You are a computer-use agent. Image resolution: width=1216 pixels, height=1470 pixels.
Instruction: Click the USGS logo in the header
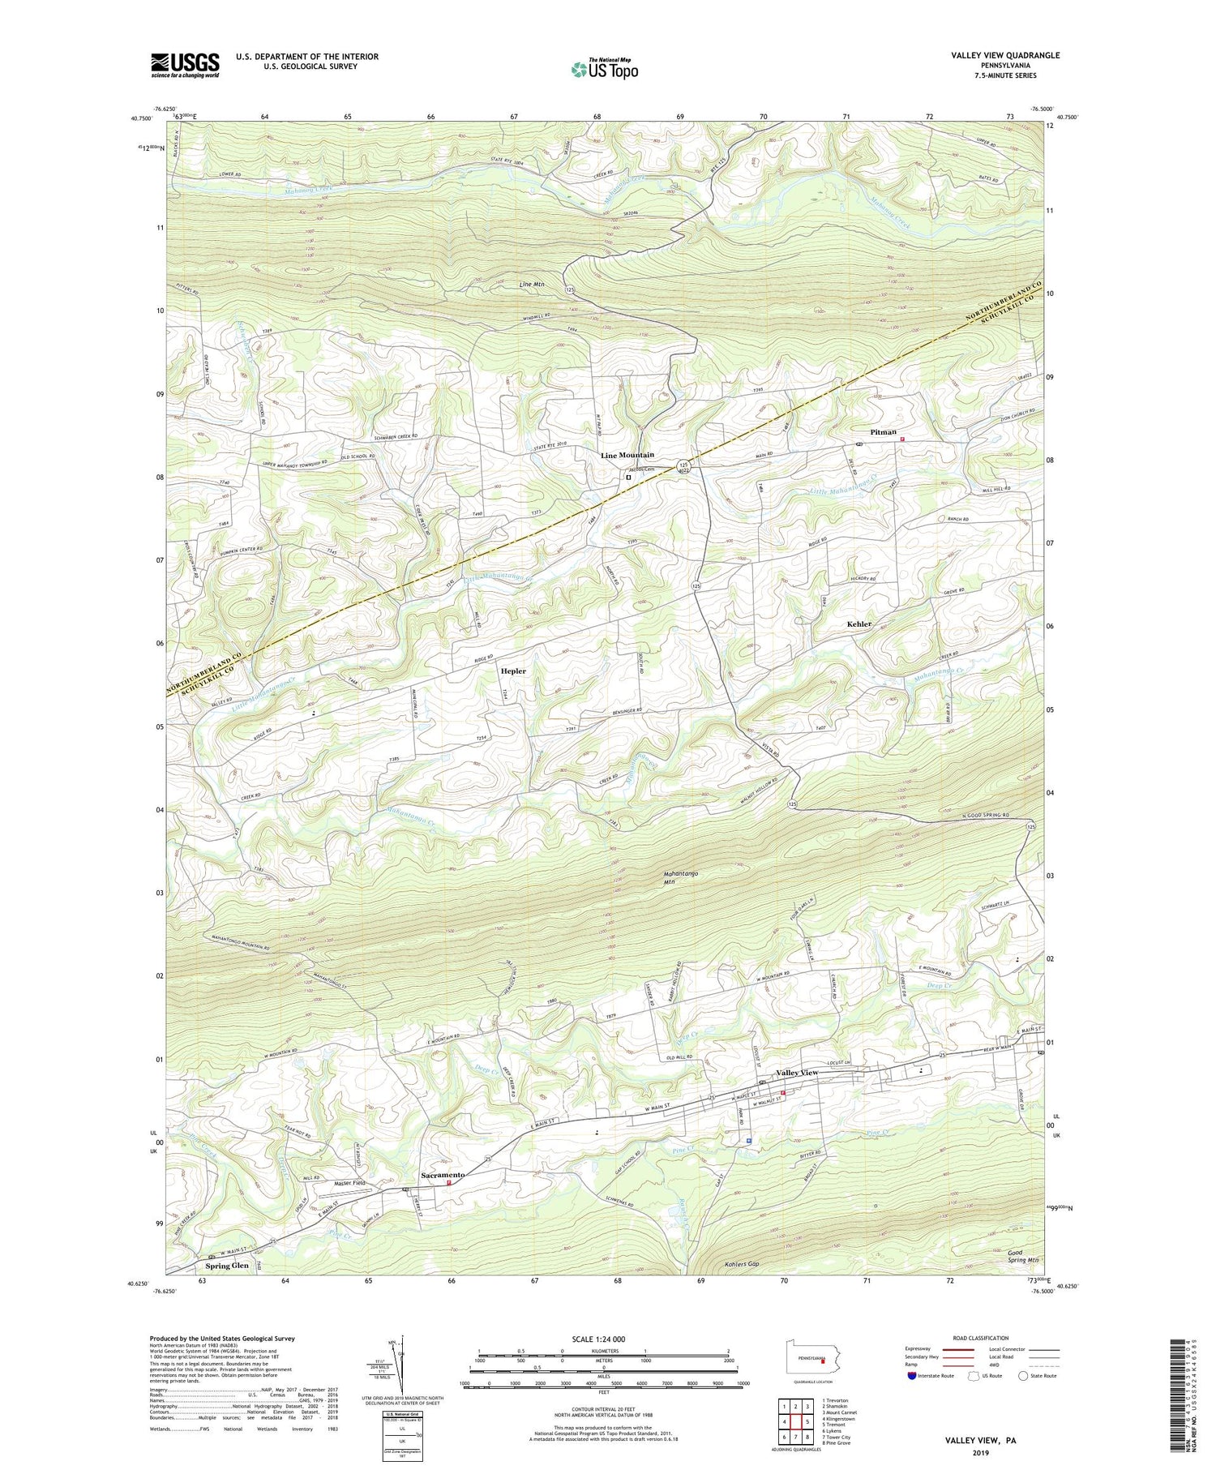(184, 65)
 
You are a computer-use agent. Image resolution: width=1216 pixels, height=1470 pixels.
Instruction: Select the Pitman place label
(883, 432)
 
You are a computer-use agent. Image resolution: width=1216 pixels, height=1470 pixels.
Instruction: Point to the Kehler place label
(859, 624)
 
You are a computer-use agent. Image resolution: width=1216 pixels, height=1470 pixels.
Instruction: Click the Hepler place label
(513, 671)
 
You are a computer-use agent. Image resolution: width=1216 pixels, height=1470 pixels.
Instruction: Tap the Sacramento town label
(443, 1175)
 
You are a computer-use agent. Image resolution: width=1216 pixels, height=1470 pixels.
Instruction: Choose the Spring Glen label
(227, 1265)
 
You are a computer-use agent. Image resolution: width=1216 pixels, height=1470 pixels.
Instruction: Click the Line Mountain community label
(627, 455)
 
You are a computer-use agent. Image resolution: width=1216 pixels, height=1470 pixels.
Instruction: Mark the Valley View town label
(797, 1073)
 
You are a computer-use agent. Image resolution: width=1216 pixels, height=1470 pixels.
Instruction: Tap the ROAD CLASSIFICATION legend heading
(981, 1338)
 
